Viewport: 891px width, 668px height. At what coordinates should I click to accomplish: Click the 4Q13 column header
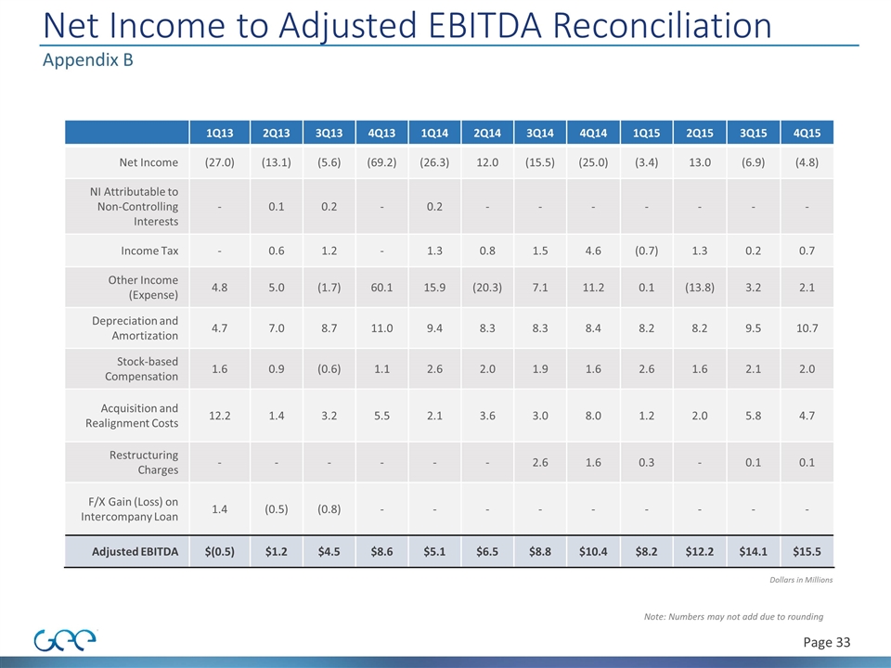point(381,133)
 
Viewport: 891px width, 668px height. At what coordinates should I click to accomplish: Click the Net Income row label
point(148,162)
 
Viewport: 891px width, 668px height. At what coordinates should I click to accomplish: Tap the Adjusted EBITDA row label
point(136,552)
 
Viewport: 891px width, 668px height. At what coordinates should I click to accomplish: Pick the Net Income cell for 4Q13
point(381,162)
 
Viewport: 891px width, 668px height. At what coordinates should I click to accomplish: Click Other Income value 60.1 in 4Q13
point(381,287)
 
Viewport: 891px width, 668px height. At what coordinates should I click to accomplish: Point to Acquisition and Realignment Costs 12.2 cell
point(219,416)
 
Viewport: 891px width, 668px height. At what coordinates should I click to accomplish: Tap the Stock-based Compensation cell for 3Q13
point(329,368)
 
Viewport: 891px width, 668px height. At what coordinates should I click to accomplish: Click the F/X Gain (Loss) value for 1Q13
point(219,508)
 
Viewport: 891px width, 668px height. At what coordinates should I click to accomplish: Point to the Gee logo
point(66,640)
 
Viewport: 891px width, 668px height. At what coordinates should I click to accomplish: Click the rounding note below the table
point(733,616)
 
